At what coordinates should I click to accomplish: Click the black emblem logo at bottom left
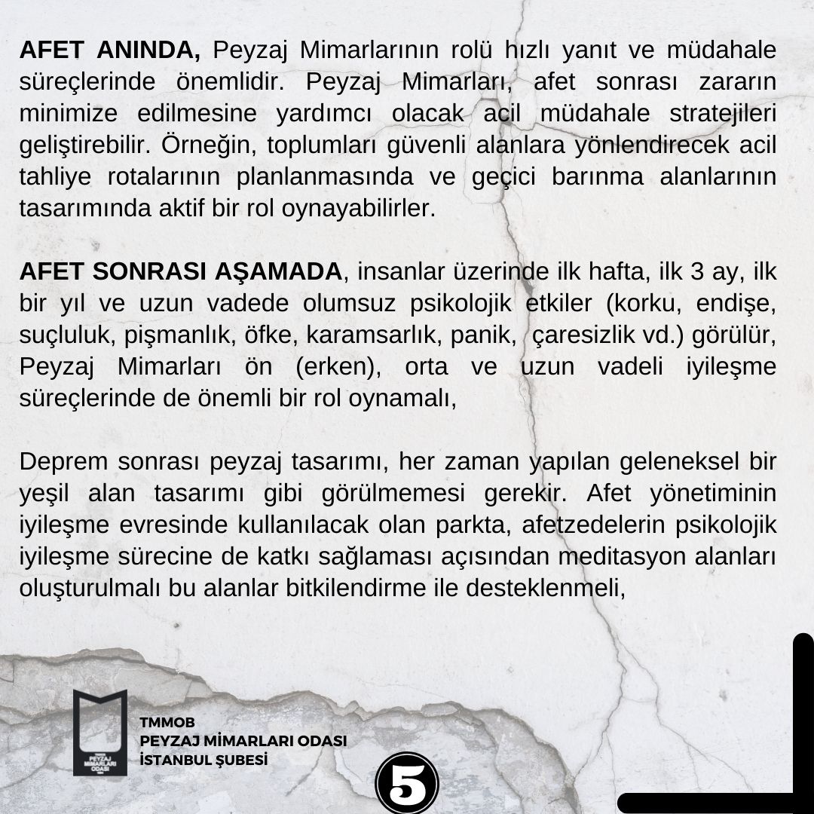100,732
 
